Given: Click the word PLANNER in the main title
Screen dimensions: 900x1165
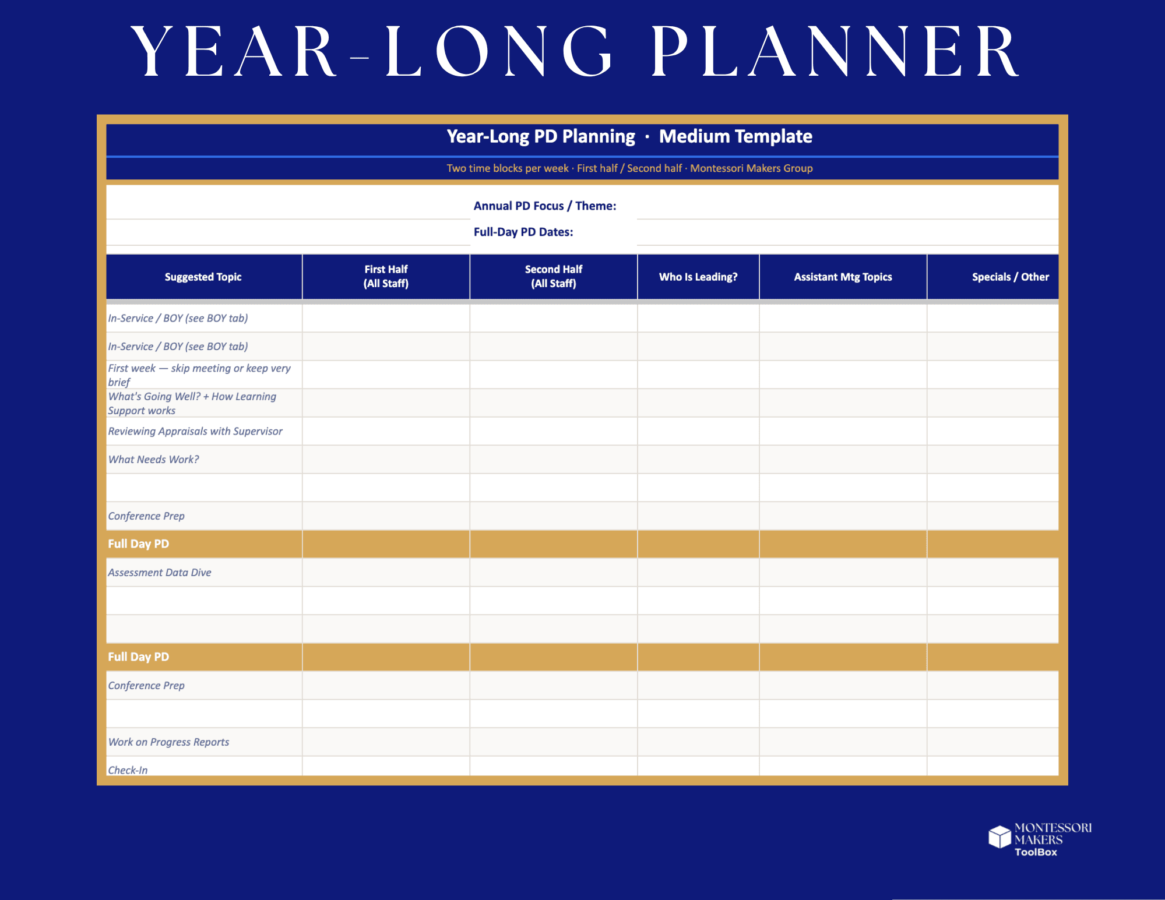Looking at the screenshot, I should click(x=835, y=52).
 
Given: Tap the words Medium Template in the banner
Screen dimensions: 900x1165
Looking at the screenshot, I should click(x=735, y=136).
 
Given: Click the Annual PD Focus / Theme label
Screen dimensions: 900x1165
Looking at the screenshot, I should click(x=544, y=206).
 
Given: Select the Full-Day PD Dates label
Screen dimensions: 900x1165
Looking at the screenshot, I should click(x=523, y=232).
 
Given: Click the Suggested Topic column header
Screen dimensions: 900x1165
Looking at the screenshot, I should click(x=203, y=277).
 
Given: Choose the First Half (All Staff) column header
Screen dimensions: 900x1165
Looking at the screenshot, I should click(x=386, y=276).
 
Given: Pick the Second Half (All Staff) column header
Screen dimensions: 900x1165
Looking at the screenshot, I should click(x=553, y=276).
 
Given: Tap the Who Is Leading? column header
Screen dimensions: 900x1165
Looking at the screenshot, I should click(x=698, y=277).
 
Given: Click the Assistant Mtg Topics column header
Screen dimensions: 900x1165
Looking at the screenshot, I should click(x=843, y=277).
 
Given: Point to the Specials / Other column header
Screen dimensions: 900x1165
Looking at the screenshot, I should click(x=1009, y=277).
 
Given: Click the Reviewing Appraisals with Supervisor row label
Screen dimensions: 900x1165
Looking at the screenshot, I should click(x=195, y=431).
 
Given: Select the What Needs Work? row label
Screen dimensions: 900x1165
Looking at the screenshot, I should click(x=153, y=459).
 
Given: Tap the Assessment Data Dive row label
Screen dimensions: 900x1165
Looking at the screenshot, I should click(x=160, y=572).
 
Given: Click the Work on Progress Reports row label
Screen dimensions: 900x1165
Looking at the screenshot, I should click(x=168, y=742).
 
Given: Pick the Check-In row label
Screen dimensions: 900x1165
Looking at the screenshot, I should click(x=128, y=769).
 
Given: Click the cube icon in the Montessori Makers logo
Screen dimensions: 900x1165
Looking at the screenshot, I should click(x=999, y=837).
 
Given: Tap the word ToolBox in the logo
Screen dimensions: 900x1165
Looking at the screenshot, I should click(x=1035, y=852).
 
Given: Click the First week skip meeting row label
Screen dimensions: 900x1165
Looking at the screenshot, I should click(x=199, y=375).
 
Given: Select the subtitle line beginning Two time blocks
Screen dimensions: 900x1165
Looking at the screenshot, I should click(x=629, y=168).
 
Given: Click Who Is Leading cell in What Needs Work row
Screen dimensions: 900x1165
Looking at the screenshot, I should click(x=698, y=459).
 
